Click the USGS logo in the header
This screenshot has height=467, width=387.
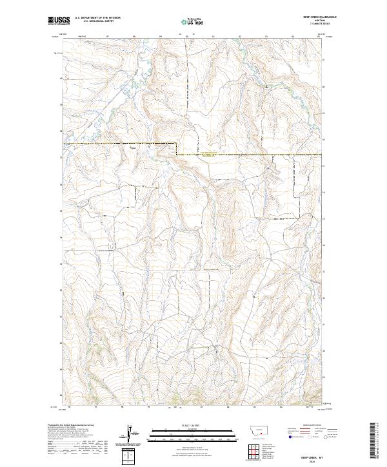coord(58,21)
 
